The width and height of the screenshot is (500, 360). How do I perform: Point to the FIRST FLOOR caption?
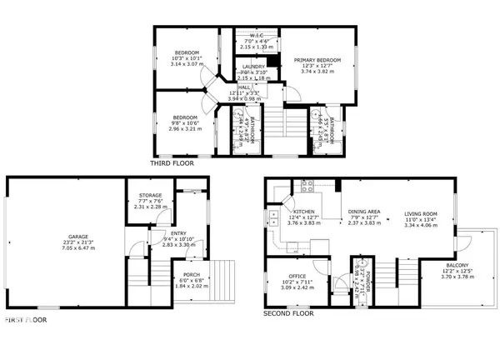[x=26, y=319]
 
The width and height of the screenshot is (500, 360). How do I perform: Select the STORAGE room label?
[x=151, y=195]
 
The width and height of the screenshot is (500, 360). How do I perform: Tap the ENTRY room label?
[x=177, y=233]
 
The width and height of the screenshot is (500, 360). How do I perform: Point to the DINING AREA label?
[x=364, y=212]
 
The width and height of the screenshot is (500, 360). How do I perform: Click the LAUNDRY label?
[x=253, y=66]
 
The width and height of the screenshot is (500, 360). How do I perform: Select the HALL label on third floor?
[x=244, y=86]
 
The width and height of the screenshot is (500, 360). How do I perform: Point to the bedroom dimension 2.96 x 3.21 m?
[x=185, y=129]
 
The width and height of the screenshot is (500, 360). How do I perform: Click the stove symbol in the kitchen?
[x=306, y=187]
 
